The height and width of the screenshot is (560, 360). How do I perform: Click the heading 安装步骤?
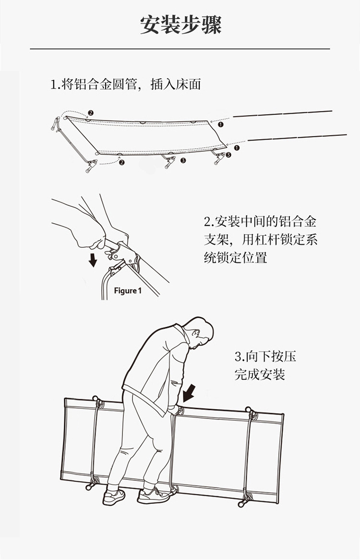(x=180, y=24)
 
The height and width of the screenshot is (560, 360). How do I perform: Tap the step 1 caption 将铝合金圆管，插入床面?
(x=126, y=85)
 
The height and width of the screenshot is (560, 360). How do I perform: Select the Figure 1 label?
(x=128, y=291)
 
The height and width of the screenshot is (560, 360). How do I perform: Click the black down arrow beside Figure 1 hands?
(x=93, y=260)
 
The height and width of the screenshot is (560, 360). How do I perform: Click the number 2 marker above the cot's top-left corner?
(x=91, y=113)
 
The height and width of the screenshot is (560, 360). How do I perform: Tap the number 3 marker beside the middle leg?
(x=183, y=160)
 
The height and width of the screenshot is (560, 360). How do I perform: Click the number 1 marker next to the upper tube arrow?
(x=221, y=124)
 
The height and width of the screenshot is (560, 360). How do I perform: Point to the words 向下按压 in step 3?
(x=265, y=357)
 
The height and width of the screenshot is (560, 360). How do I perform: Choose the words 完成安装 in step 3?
(x=260, y=374)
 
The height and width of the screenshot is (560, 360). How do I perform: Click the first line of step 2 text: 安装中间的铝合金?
(x=260, y=222)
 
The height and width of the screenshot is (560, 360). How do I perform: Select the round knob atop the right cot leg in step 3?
(x=249, y=410)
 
